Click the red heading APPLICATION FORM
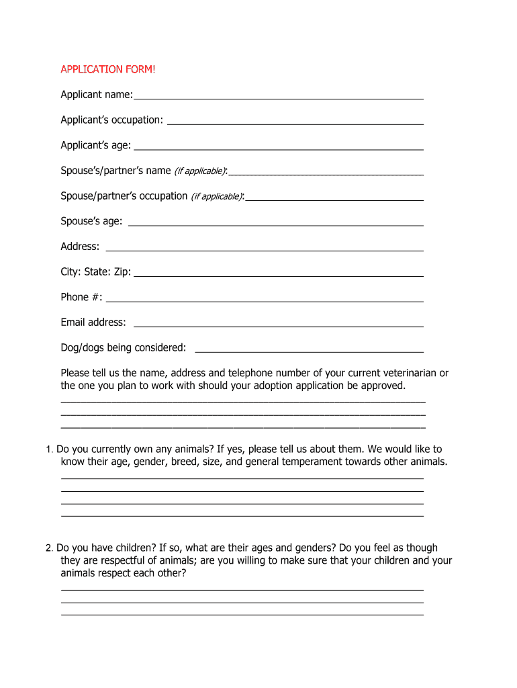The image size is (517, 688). tap(107, 69)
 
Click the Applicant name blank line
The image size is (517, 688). tap(278, 98)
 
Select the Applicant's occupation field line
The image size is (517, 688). tap(295, 123)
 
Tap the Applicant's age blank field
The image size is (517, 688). tap(279, 148)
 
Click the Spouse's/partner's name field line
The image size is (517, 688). tap(326, 174)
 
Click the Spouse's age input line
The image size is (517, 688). tap(275, 224)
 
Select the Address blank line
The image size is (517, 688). tap(265, 250)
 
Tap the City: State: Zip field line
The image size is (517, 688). tap(279, 275)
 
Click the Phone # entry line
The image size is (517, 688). tap(265, 300)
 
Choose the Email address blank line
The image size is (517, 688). tap(279, 326)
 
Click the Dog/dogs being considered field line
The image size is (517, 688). tap(309, 351)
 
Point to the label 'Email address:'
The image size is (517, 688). tap(93, 322)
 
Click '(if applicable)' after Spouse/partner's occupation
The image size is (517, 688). tap(216, 196)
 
